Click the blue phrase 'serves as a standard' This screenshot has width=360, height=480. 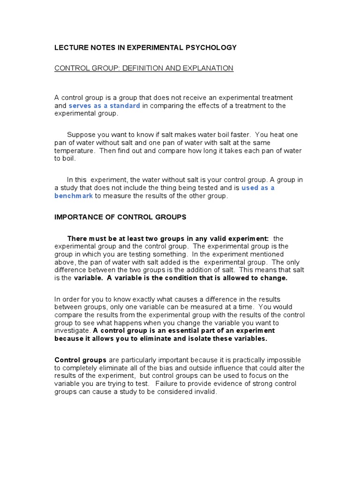tap(104, 105)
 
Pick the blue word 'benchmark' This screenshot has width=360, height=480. tap(74, 196)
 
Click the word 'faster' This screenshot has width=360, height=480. tap(238, 135)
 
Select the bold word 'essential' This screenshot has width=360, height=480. tap(180, 331)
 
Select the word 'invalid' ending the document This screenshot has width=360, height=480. tap(207, 392)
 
